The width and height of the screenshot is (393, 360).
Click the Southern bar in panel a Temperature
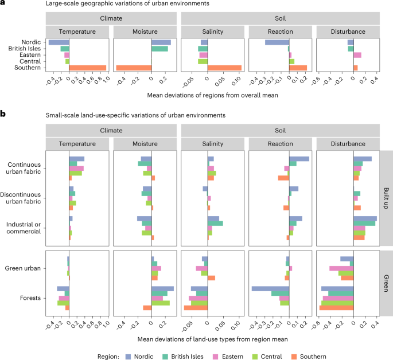tap(87, 68)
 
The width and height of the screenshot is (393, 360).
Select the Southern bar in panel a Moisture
tap(133, 68)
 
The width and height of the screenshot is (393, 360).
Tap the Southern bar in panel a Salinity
tap(224, 68)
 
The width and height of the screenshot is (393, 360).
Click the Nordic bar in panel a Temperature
tap(59, 42)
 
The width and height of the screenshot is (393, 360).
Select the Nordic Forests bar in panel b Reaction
tap(270, 288)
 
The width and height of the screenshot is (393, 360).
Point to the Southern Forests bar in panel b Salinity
tap(196, 308)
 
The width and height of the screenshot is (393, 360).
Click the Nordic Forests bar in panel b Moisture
tap(162, 288)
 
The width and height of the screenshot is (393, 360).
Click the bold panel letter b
tap(3, 115)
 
